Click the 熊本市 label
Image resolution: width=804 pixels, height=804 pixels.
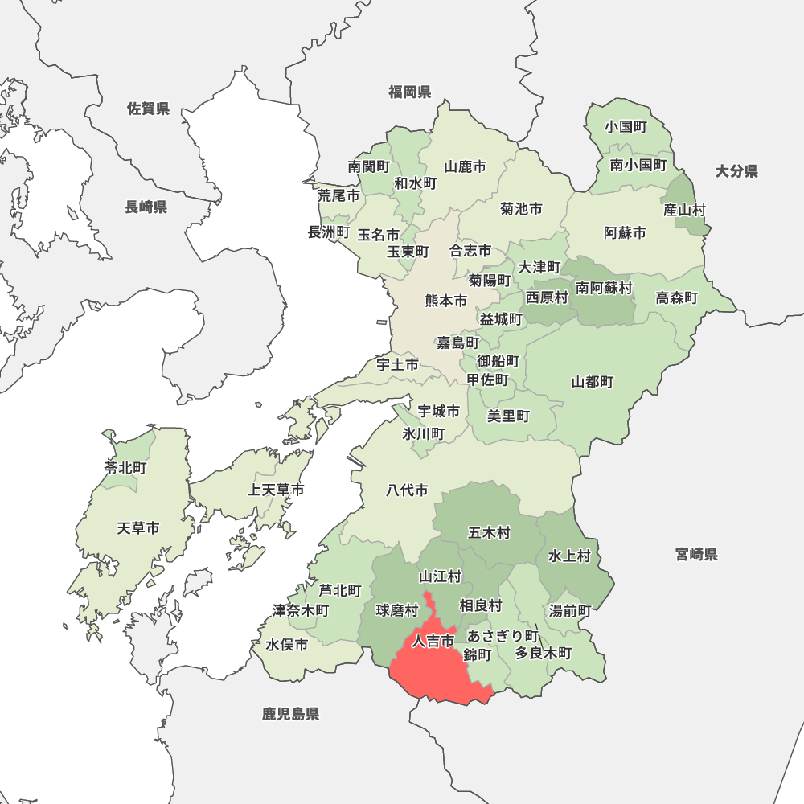click(445, 301)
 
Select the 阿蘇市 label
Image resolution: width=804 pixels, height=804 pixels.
click(625, 233)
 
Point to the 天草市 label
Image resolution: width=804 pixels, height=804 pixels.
click(137, 528)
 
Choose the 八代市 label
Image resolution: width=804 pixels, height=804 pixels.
click(407, 490)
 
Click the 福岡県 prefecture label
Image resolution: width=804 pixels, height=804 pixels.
click(409, 92)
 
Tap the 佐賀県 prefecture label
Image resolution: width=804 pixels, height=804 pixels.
click(148, 109)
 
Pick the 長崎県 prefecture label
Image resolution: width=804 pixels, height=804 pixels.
click(146, 207)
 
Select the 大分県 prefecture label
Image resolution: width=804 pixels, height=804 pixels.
click(736, 170)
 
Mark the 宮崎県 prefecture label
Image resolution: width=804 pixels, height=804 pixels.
click(696, 554)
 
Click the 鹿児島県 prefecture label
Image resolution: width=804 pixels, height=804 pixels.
click(290, 713)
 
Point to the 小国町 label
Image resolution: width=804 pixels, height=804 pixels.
click(626, 127)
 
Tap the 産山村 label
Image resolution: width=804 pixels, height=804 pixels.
click(684, 210)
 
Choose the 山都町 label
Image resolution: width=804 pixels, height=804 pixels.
click(593, 381)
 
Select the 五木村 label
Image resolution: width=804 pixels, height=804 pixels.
click(489, 532)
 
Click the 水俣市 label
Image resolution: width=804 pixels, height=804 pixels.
click(287, 645)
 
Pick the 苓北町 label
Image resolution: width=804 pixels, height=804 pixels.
click(125, 467)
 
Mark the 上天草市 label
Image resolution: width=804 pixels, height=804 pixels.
click(276, 490)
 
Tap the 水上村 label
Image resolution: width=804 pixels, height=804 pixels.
click(569, 556)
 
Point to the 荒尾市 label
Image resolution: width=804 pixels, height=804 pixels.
click(338, 195)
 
